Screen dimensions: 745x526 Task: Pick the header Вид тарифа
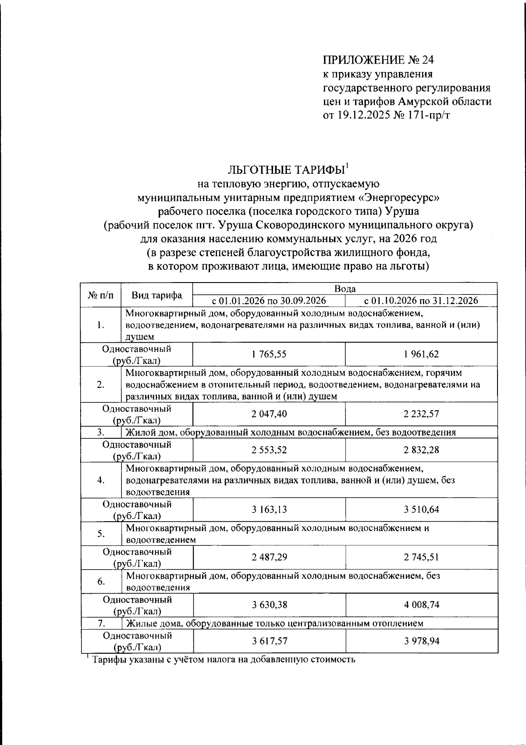tap(156, 295)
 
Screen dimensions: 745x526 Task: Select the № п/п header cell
tap(100, 295)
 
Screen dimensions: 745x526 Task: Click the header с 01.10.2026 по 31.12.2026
tap(421, 301)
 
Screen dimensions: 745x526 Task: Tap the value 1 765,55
tap(269, 354)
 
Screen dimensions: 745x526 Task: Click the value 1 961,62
tap(421, 354)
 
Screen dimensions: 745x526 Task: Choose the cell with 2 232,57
tap(421, 414)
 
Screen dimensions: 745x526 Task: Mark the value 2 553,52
tap(269, 450)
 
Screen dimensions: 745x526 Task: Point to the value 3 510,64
tap(421, 509)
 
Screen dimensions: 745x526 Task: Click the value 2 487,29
tap(269, 557)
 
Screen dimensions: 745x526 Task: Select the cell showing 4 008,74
tap(421, 605)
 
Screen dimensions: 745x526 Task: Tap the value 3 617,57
tap(269, 641)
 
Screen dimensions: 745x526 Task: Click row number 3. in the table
tap(100, 432)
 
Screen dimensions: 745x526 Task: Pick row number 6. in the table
tap(100, 581)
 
